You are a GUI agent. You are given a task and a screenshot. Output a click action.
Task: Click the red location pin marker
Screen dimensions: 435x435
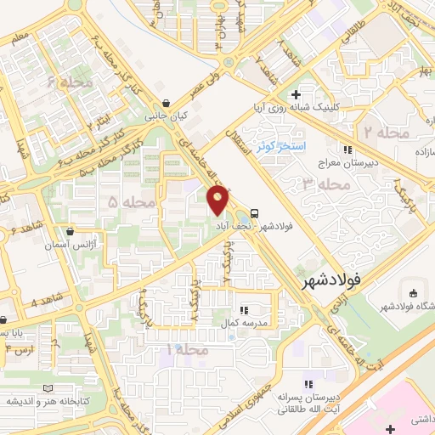pos(218,201)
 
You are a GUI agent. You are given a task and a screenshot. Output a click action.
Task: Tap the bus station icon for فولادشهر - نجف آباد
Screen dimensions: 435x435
pos(256,213)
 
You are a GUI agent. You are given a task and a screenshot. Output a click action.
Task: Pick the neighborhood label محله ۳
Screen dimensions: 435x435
pos(320,183)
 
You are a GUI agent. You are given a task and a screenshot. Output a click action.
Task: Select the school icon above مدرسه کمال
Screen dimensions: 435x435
pos(244,311)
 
